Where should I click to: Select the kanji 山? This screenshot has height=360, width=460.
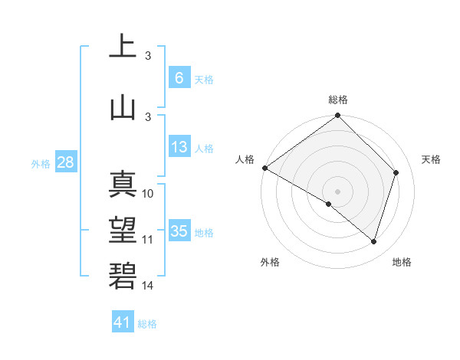[123, 106]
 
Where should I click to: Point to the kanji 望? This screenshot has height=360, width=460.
[123, 231]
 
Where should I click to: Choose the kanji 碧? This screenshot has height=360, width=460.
[123, 276]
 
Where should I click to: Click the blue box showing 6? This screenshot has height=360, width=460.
[179, 77]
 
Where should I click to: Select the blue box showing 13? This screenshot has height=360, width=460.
[179, 147]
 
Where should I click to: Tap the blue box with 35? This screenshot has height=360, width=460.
[179, 231]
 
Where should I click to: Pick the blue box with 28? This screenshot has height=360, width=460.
[65, 162]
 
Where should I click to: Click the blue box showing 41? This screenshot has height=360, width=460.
[123, 322]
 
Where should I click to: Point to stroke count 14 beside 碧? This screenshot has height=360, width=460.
[148, 286]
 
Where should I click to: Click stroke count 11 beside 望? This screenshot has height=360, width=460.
[148, 240]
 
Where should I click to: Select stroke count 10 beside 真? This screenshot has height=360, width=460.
[148, 194]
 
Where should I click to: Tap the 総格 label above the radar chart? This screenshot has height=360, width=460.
[337, 100]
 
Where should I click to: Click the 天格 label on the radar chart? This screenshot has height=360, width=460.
[431, 159]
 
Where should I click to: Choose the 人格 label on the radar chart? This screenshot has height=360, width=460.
[245, 159]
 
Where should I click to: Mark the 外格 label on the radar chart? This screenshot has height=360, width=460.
[269, 262]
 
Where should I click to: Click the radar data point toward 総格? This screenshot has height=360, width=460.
[337, 116]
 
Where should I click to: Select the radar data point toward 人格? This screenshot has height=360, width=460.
[264, 168]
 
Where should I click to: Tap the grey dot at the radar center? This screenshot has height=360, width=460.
[337, 191]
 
